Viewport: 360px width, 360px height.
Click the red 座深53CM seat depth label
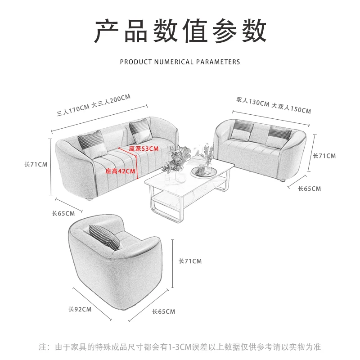[x=144, y=148]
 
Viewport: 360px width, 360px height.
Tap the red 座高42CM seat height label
[x=120, y=171]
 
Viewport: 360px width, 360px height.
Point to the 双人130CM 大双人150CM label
[x=273, y=105]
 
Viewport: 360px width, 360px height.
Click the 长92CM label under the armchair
[x=80, y=309]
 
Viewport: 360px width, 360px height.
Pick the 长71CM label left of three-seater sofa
[x=36, y=164]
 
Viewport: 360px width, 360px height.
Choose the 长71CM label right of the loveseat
[x=324, y=156]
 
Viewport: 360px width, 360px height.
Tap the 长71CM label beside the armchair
[x=190, y=261]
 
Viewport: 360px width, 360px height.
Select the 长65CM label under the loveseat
[x=309, y=189]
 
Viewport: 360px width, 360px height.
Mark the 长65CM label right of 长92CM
[x=163, y=311]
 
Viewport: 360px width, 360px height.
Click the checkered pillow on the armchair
[x=104, y=237]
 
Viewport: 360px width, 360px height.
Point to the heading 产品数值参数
[x=180, y=31]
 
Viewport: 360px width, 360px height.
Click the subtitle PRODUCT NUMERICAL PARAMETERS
[x=180, y=62]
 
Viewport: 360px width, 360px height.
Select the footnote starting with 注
[x=180, y=347]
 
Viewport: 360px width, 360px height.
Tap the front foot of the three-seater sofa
[x=90, y=198]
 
